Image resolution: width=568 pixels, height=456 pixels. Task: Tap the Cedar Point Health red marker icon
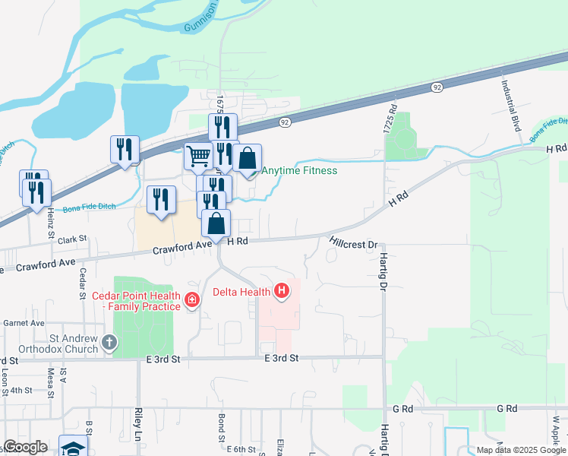click(192, 300)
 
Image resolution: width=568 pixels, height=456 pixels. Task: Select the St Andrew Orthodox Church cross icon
click(109, 343)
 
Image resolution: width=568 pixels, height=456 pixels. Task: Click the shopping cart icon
click(198, 157)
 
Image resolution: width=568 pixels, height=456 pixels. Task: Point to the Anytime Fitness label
click(299, 170)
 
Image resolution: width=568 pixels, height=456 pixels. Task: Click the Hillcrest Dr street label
click(353, 243)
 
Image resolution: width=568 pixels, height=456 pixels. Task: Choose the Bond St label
click(221, 427)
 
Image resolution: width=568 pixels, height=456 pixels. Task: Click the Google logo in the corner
click(25, 447)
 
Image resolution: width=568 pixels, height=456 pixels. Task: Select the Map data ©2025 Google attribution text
click(521, 450)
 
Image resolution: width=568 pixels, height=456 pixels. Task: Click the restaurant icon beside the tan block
click(161, 199)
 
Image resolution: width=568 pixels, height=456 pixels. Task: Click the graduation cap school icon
click(74, 448)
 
